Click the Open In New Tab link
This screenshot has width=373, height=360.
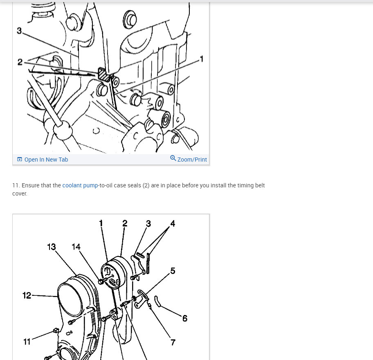46,160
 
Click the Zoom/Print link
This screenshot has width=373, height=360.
192,160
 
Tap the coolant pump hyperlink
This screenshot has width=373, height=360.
80,186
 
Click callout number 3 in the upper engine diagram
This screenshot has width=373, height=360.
19,31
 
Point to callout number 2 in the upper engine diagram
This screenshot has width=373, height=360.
20,62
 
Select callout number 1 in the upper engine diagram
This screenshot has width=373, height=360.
202,59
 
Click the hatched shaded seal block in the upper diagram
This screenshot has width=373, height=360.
104,74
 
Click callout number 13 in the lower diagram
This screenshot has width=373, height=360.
52,247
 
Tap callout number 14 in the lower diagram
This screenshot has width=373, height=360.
76,247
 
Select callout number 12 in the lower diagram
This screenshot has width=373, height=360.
27,295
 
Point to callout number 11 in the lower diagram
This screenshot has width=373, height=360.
27,342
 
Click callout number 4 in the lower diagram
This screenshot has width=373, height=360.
173,223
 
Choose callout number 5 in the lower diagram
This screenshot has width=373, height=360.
173,271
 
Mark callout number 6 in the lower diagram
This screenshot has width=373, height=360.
185,318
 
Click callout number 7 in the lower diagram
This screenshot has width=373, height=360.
173,342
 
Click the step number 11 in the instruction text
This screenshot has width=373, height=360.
16,186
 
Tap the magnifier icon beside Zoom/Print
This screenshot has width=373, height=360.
173,158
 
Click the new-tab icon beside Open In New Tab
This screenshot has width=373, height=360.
20,160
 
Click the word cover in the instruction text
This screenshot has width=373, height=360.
20,193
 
